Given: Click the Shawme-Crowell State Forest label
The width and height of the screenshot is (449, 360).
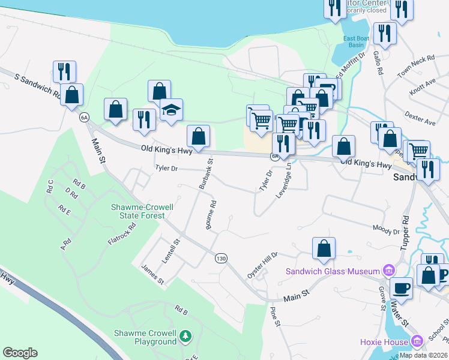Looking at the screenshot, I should coord(142,211).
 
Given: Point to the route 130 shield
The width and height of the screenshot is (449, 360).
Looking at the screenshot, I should coord(221,258).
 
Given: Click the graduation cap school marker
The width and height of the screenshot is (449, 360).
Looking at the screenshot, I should coord(171,110).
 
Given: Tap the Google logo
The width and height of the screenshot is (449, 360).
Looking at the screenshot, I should coord(20,353).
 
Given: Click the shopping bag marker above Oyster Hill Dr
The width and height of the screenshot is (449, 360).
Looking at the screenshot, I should coord(324,249).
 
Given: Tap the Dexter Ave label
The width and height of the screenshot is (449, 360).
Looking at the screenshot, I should coord(420,117).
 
